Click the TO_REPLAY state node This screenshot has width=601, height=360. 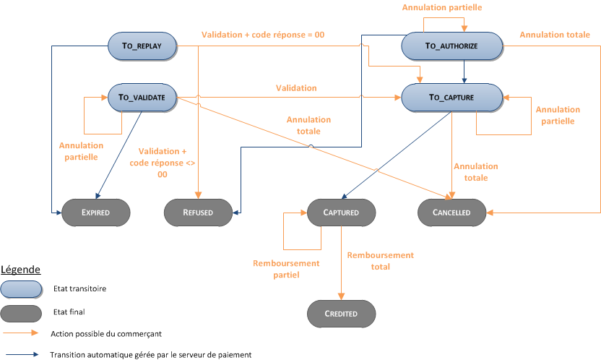pos(142,46)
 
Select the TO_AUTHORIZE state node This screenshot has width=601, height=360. pos(451,46)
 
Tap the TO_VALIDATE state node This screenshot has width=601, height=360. pos(142,97)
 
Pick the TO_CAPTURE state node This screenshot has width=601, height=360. pos(451,97)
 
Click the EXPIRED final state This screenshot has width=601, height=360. pos(95,213)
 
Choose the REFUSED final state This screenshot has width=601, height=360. pos(197,213)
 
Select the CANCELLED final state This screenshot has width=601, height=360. pos(451,213)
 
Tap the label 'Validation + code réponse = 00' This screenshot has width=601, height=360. pos(262,35)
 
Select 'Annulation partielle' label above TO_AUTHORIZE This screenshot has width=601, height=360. pos(451,7)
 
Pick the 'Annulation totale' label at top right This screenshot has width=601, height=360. pos(553,35)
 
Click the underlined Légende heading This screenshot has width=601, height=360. pos(20,269)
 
